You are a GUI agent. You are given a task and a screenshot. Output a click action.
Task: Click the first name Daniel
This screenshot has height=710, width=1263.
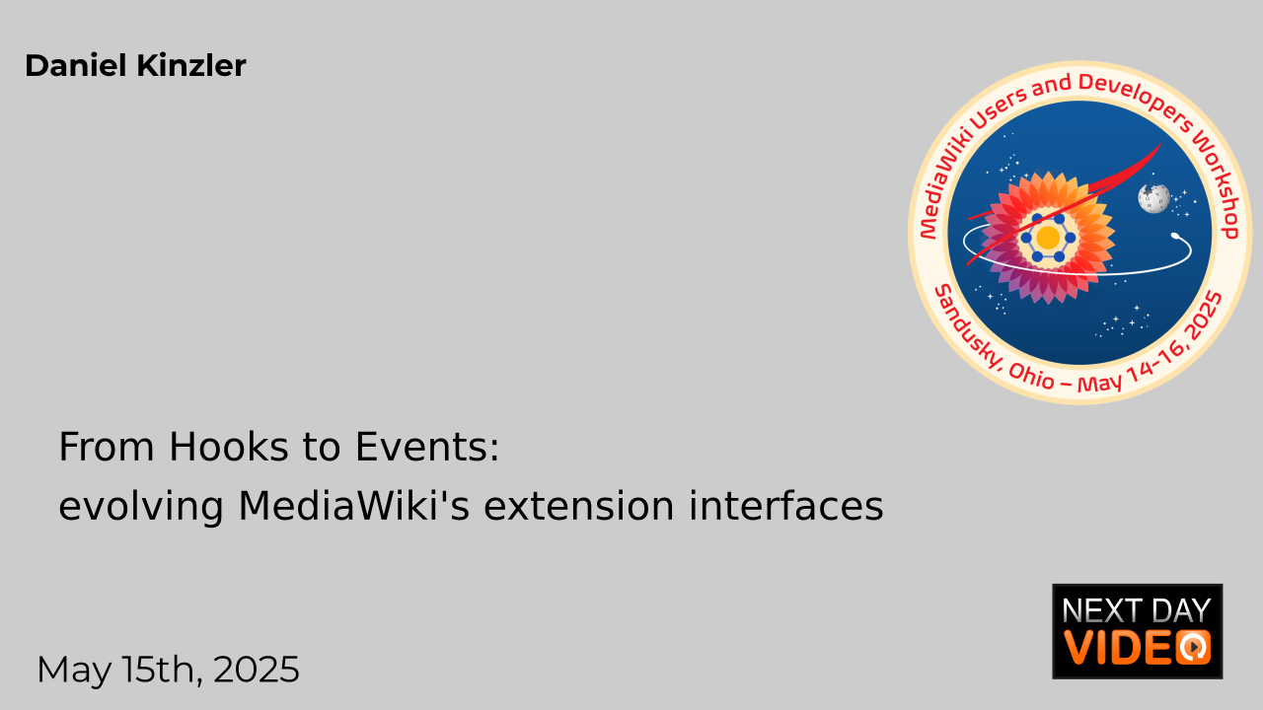click(76, 65)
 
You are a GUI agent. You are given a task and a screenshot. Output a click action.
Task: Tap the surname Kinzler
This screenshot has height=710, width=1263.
click(191, 65)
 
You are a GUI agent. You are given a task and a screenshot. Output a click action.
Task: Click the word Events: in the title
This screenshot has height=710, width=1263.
click(427, 447)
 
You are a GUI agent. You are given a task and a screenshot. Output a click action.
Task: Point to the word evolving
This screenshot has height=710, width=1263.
click(141, 507)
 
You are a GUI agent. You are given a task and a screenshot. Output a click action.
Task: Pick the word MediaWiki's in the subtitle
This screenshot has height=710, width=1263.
click(353, 506)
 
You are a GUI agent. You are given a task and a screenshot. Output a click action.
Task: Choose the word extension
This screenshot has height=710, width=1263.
click(579, 506)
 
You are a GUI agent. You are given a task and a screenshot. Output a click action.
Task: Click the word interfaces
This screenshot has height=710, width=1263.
click(786, 506)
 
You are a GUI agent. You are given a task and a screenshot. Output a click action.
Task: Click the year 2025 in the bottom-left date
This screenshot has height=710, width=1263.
click(256, 670)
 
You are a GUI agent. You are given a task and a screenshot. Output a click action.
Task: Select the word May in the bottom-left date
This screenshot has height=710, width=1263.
click(74, 671)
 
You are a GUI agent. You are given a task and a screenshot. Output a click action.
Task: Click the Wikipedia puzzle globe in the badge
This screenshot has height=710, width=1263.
click(1153, 198)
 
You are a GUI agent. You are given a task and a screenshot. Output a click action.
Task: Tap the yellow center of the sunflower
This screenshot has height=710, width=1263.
click(1048, 238)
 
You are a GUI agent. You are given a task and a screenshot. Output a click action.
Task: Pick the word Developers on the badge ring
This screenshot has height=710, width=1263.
click(1136, 99)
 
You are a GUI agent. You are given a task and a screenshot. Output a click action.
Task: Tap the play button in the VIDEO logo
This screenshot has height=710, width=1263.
click(1194, 647)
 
